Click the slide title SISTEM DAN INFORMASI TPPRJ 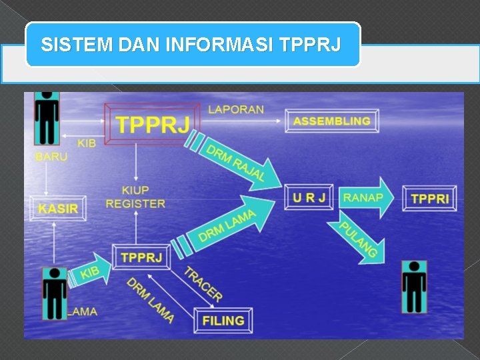point(192,45)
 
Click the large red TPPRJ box point(152,123)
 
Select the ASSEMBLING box point(332,121)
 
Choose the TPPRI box point(429,199)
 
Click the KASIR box point(57,208)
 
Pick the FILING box point(223,320)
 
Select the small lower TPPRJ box point(141,257)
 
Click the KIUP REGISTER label point(135,197)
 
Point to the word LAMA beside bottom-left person point(82,311)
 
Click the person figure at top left point(47,118)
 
